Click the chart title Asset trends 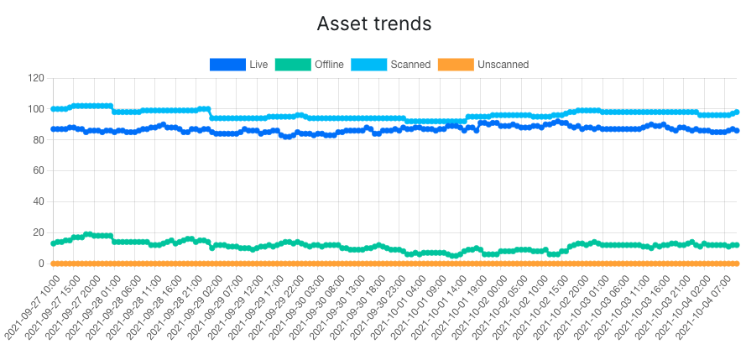pos(373,23)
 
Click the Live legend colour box pos(227,64)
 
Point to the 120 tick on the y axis pos(35,78)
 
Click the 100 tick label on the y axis pos(35,109)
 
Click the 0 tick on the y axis pos(40,263)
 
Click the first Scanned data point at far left pos(54,109)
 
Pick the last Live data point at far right pos(736,130)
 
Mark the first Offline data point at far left pos(54,243)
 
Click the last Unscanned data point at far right pos(736,263)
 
